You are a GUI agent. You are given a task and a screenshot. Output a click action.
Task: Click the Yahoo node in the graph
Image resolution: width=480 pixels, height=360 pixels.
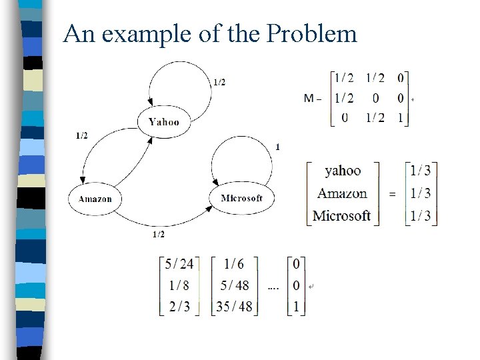[164, 121]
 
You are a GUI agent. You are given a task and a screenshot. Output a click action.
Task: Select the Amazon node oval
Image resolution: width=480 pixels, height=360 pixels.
[95, 199]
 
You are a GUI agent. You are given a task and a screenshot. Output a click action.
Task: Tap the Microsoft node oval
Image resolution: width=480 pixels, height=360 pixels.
[241, 198]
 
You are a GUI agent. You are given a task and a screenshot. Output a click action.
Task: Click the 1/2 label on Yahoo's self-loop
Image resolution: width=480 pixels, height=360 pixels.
[219, 82]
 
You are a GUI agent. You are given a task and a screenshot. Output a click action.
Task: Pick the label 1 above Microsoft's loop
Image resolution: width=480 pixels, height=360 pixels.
[277, 147]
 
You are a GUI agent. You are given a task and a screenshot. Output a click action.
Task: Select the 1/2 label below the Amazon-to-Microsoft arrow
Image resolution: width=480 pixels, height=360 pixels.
[159, 234]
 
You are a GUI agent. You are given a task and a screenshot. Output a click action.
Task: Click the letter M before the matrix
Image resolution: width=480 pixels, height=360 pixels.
[309, 98]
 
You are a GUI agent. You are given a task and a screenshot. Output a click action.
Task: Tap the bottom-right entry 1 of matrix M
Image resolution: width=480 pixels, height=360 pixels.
[400, 117]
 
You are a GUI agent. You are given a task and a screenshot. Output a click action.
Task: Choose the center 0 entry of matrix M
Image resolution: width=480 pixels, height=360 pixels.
[375, 98]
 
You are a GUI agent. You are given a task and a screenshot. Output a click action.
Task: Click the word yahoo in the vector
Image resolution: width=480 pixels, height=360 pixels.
[343, 171]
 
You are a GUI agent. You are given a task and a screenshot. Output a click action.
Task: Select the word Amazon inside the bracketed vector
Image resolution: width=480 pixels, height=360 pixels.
[342, 193]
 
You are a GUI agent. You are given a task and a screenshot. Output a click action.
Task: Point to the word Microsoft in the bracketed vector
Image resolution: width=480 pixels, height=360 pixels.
[341, 215]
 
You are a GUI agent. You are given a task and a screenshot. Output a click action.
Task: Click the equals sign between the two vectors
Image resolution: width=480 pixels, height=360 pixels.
[391, 193]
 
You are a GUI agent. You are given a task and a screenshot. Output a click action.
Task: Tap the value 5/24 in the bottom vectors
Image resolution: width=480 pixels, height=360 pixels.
[179, 264]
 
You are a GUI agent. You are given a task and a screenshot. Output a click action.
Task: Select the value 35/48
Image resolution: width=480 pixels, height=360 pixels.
[234, 307]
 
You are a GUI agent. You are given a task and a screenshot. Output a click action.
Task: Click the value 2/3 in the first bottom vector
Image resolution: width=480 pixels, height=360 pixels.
[179, 307]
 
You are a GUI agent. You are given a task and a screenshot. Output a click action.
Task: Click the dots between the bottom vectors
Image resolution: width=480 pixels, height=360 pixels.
[273, 287]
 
